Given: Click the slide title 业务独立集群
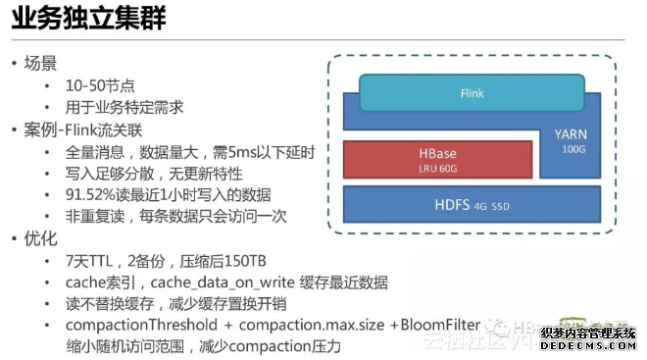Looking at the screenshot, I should (84, 19).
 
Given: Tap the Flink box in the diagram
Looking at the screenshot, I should (472, 94).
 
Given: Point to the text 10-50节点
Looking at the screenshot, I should (102, 86).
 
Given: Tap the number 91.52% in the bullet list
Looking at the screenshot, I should (92, 194).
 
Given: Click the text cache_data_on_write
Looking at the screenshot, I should (219, 282).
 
